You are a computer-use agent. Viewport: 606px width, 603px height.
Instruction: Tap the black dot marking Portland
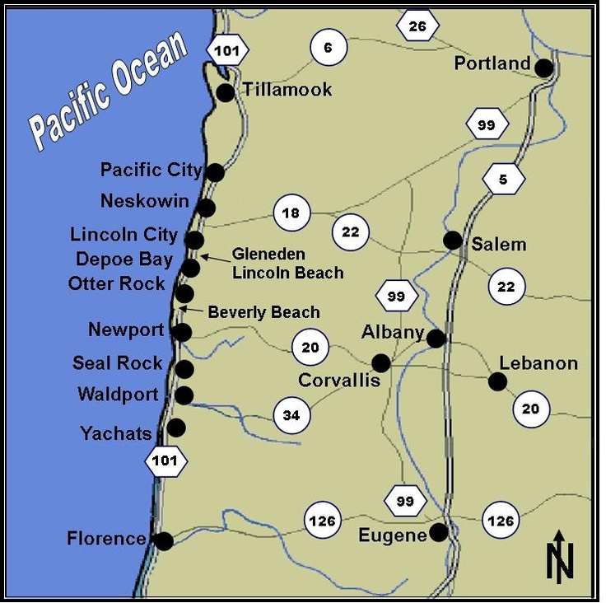tap(543, 68)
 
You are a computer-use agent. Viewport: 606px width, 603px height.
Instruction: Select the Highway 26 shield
tap(417, 26)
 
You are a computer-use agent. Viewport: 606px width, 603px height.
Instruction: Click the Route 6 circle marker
tap(328, 48)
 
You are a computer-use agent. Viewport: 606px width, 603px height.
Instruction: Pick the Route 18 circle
tap(291, 213)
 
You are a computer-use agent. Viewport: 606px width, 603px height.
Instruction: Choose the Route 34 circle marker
tap(291, 415)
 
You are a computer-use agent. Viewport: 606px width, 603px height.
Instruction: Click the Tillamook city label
tap(287, 89)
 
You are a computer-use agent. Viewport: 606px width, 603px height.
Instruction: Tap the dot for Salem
tap(452, 240)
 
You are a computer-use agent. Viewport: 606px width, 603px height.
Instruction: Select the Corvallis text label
tap(339, 381)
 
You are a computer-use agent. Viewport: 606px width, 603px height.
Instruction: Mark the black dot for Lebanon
tap(496, 381)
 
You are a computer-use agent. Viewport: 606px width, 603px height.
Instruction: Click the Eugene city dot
tap(439, 532)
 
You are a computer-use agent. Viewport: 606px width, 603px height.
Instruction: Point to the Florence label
tap(106, 540)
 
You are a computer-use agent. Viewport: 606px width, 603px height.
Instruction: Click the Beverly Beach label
tap(263, 312)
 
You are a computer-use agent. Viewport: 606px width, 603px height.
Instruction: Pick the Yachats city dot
tap(176, 428)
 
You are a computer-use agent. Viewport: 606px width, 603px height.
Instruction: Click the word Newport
tap(126, 330)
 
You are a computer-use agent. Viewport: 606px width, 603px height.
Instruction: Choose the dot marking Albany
tap(436, 338)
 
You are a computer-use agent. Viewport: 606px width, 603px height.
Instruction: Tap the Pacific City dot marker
tap(215, 172)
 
